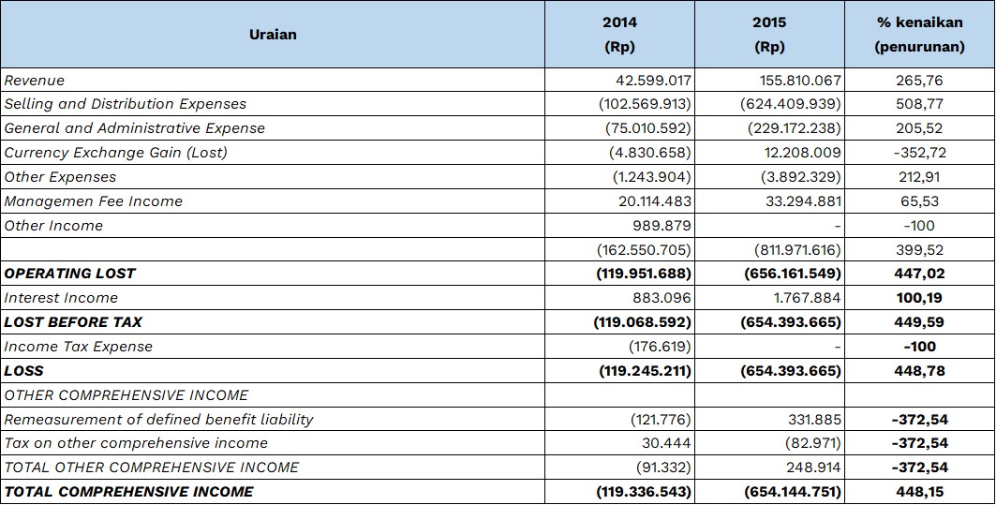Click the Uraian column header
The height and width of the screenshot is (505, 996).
pos(273,35)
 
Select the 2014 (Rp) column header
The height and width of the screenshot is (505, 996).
pos(619,35)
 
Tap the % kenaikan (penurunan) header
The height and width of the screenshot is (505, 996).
pos(919,35)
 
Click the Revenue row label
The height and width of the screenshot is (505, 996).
pos(35,81)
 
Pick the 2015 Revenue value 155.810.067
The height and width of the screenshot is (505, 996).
pos(800,81)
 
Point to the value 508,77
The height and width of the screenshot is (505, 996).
pos(919,104)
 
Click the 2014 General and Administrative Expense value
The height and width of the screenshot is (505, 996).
pos(647,128)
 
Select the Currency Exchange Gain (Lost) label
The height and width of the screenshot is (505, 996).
pos(115,153)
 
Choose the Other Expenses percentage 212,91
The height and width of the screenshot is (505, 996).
pos(919,177)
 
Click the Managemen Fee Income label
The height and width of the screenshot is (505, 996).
pos(94,201)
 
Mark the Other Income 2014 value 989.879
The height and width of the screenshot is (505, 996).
pos(660,226)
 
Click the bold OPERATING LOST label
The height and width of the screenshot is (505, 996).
pos(70,274)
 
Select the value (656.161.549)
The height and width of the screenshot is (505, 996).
pos(791,274)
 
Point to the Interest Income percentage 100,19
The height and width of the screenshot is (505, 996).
pos(919,298)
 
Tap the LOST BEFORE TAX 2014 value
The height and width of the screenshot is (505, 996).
pos(642,322)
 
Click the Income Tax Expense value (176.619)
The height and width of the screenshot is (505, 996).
pos(660,347)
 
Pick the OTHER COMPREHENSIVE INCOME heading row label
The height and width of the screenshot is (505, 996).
pos(126,395)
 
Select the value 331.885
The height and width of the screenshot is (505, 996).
pos(811,419)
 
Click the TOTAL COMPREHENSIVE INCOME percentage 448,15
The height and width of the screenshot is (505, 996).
pos(919,492)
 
